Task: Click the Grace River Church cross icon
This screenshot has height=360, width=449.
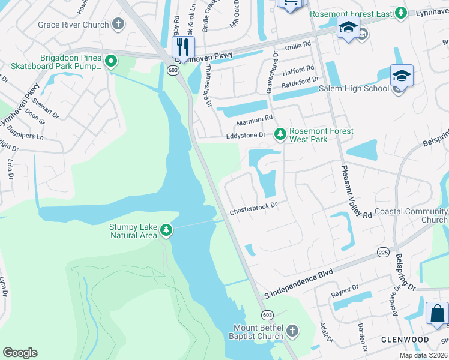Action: click(x=118, y=25)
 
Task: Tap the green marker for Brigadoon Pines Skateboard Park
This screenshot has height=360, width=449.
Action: click(x=110, y=61)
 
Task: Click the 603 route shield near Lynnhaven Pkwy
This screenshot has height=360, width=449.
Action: click(x=173, y=70)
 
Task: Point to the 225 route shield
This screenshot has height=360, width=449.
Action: click(x=383, y=253)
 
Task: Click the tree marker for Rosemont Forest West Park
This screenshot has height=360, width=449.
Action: click(x=279, y=134)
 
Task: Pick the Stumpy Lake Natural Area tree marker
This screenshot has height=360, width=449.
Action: click(x=166, y=230)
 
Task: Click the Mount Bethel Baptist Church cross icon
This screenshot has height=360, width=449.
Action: click(x=292, y=331)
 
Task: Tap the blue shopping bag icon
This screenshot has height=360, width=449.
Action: click(x=437, y=313)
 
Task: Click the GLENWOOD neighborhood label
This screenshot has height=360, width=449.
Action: click(x=405, y=340)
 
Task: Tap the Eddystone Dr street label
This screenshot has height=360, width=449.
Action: click(x=245, y=136)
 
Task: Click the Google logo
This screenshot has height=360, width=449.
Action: click(x=20, y=353)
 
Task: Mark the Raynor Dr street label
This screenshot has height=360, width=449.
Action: click(x=345, y=295)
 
